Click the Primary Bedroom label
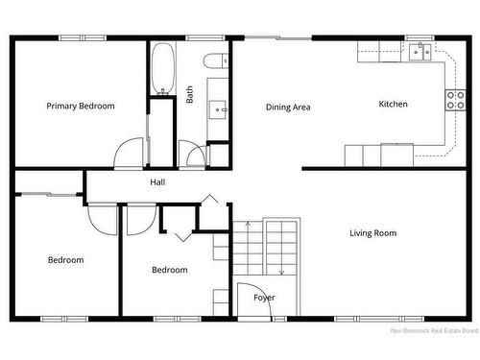(x=81, y=106)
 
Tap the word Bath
(x=189, y=94)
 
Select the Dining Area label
(x=288, y=108)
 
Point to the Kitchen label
(x=393, y=104)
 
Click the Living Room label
(x=373, y=233)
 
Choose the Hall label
(x=157, y=182)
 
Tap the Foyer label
(x=264, y=298)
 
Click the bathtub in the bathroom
(x=163, y=69)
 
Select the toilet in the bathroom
(x=216, y=60)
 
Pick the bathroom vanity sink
(x=218, y=109)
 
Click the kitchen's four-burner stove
(x=455, y=100)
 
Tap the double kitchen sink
(x=420, y=52)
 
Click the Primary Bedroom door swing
(x=129, y=153)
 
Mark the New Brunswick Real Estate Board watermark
(x=434, y=330)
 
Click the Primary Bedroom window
(x=83, y=37)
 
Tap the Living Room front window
(x=379, y=319)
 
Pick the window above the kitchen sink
(x=420, y=37)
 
